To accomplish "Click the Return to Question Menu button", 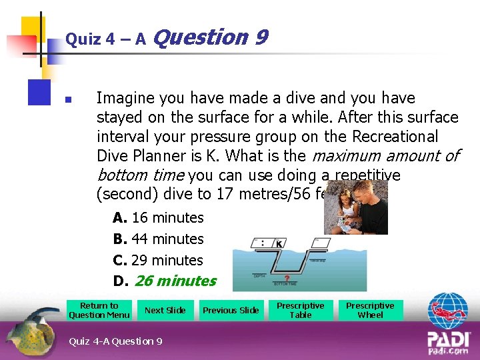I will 99,311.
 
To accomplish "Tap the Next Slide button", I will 165,311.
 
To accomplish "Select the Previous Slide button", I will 231,311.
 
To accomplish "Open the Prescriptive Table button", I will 300,311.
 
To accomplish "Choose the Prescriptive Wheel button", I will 370,311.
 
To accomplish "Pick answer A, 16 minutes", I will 159,218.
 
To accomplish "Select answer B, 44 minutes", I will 159,239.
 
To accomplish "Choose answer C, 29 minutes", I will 159,260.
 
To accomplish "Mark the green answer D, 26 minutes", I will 165,281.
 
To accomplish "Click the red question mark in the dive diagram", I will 287,278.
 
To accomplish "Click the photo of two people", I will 355,207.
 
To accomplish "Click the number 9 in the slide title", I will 261,37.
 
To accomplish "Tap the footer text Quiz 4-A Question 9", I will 115,341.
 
